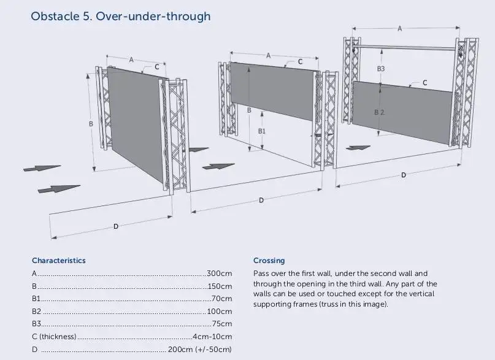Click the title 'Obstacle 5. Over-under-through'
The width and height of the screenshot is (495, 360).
click(120, 16)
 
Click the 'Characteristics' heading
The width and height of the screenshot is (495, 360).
click(59, 260)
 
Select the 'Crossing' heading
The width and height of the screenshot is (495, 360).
click(269, 260)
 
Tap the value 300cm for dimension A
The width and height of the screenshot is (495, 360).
click(219, 273)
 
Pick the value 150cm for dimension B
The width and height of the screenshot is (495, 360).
click(219, 286)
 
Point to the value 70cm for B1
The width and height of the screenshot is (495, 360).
click(221, 299)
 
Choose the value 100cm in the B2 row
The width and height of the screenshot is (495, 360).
click(220, 312)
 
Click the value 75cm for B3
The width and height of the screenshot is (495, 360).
click(221, 324)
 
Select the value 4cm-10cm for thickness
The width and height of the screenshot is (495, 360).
click(212, 337)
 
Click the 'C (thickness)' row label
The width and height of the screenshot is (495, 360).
click(54, 337)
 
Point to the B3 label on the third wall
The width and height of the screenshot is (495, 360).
click(380, 69)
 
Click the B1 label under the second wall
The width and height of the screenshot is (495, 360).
click(261, 131)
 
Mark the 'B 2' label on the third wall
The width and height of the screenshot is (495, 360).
click(379, 112)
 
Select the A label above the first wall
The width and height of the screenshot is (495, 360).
click(131, 59)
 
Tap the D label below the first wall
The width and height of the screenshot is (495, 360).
click(116, 226)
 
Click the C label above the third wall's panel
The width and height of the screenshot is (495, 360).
click(424, 82)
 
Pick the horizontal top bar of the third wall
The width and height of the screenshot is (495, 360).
click(405, 47)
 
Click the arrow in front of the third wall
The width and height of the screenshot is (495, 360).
click(358, 147)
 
